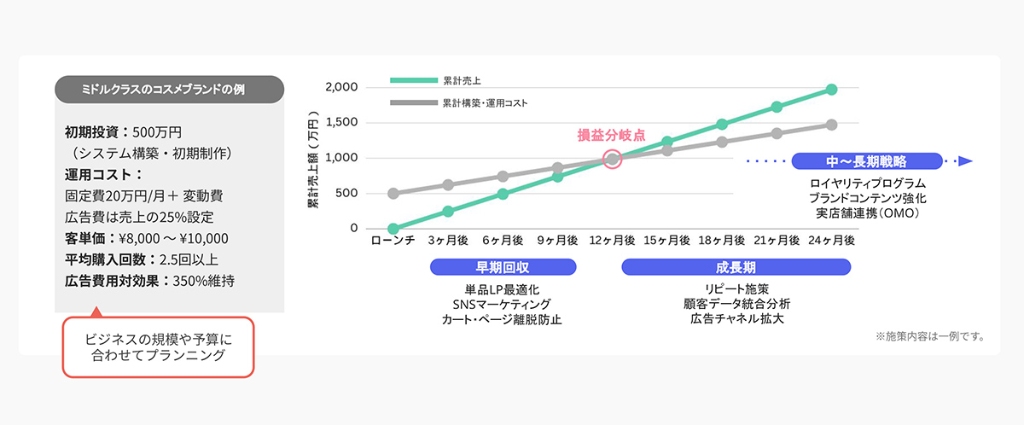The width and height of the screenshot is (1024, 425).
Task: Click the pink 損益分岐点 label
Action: coord(611,134)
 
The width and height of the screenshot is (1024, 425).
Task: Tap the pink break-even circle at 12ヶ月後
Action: coord(612,159)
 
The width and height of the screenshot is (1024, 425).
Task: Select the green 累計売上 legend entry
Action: coord(436,80)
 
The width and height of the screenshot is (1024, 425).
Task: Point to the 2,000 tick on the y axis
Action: coord(341,88)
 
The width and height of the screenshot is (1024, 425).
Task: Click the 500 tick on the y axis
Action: coord(347,193)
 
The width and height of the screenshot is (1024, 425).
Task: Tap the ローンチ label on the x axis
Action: coord(393,242)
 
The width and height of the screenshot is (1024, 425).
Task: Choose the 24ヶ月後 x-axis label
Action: coord(831,242)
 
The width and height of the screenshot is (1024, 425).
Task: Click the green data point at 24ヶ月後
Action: coord(831,89)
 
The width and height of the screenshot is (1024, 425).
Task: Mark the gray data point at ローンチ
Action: coord(393,194)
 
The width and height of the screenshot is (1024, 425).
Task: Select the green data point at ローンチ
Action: coord(393,229)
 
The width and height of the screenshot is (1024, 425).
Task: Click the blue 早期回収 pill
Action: coord(503,267)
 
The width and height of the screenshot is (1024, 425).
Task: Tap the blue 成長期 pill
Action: coord(736,267)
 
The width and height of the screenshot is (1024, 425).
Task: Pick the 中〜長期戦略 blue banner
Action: coord(866,160)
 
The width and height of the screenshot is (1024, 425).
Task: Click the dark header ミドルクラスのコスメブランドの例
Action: coord(169,88)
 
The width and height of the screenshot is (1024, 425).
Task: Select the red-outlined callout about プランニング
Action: coord(159,347)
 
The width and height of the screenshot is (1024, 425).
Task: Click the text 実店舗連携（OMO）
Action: coord(866,212)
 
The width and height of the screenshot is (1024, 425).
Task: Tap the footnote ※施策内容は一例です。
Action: coord(929,335)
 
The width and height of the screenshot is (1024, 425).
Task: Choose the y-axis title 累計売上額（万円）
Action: coord(313,159)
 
